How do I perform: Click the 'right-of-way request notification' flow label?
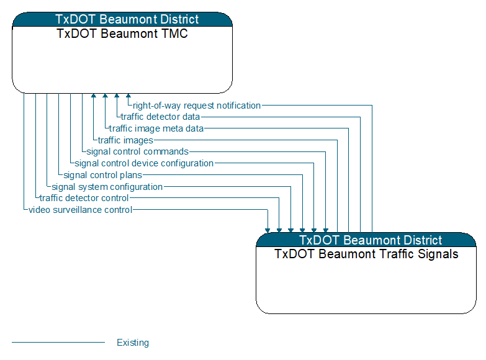[x=197, y=106]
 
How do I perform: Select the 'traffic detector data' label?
[x=160, y=117]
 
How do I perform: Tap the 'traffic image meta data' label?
[x=156, y=128]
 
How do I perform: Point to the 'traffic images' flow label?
[x=125, y=140]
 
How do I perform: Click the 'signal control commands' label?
[x=137, y=151]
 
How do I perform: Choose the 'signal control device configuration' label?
[x=144, y=163]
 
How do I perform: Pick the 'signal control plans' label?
[x=103, y=175]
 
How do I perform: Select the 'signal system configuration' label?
[x=107, y=187]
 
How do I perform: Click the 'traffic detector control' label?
[x=84, y=198]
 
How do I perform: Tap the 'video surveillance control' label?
[x=81, y=210]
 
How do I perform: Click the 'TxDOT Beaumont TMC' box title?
[x=122, y=34]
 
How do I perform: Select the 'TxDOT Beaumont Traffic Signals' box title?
[x=366, y=254]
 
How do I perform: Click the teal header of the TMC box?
[x=122, y=19]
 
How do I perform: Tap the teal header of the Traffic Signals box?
[x=366, y=240]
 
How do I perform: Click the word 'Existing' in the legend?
[x=133, y=343]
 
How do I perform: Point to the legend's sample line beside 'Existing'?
[x=58, y=342]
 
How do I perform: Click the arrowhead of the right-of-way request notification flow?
[x=128, y=96]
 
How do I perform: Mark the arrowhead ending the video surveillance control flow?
[x=268, y=230]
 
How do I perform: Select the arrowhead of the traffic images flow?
[x=94, y=96]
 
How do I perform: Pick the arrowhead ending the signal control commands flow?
[x=326, y=230]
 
